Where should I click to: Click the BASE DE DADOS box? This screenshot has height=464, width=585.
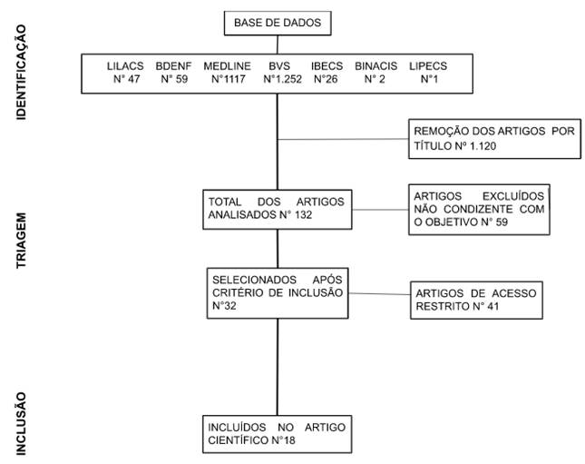[x=277, y=22]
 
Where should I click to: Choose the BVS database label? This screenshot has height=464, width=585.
[x=278, y=66]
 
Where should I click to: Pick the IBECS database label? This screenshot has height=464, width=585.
[x=327, y=66]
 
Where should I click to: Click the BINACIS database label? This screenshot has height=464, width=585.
[x=377, y=66]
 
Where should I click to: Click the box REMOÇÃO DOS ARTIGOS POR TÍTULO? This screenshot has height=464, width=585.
[x=493, y=138]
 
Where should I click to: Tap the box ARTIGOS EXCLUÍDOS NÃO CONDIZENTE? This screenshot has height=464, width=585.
[x=480, y=210]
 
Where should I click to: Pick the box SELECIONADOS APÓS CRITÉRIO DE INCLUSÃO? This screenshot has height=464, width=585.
[x=276, y=291]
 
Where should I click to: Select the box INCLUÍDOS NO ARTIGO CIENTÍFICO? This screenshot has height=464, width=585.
[x=276, y=434]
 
